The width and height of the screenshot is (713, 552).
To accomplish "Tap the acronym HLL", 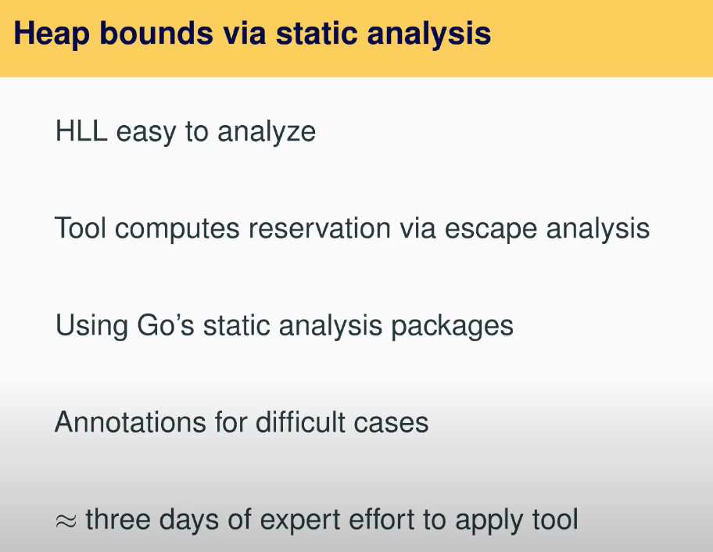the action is pos(81,131).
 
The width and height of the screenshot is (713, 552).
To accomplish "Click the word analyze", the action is pos(267,134).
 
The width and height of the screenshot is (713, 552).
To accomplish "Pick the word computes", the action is pos(177,230).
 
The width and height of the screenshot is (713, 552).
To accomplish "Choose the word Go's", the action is pos(166,325).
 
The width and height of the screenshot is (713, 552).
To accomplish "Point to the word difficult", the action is pos(300,421).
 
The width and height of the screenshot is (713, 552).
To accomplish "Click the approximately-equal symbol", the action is pos(66,521).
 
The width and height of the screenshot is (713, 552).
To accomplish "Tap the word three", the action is pos(118,519).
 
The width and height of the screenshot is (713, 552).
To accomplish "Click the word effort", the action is pos(382,519).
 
